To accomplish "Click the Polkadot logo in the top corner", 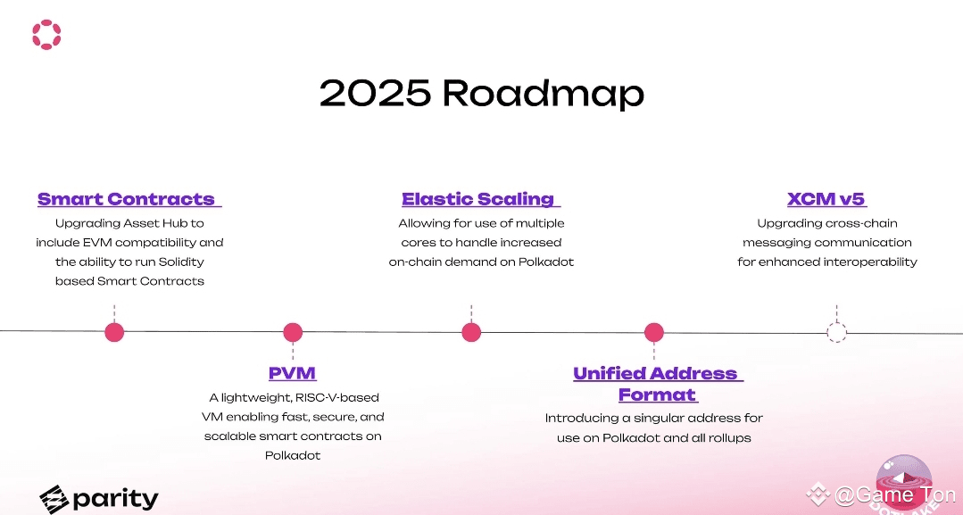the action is point(46,35).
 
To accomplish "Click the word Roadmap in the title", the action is point(543,93).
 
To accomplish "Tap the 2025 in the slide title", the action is point(375,93).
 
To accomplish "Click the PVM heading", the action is point(293,373).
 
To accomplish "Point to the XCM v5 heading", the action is point(826,199).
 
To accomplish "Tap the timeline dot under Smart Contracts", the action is point(114,333).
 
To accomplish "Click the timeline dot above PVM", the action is point(293,333).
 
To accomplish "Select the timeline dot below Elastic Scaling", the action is point(471,333).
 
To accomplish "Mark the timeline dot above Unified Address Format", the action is point(654,333).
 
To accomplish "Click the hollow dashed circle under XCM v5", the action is point(836,323).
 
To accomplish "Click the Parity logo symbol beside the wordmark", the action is point(54,499).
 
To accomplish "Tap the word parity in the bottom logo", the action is point(115,499).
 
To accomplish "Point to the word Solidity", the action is point(181,262).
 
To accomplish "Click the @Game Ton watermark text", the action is point(894,494).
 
